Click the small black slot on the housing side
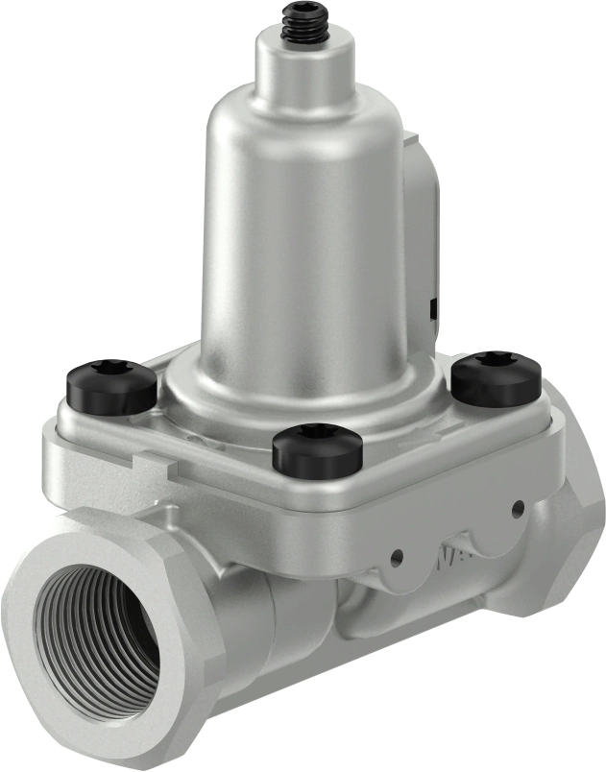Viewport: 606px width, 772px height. click(434, 306)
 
